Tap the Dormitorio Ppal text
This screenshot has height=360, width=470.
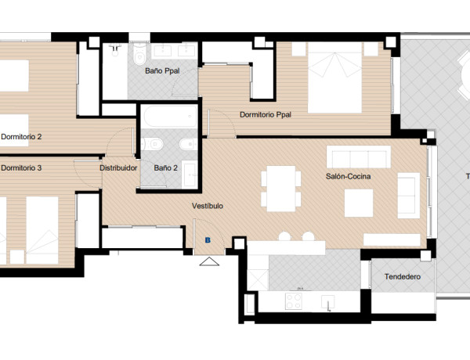pyautogui.click(x=265, y=114)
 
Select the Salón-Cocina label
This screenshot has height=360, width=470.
pyautogui.click(x=348, y=177)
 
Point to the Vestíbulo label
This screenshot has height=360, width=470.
pyautogui.click(x=208, y=206)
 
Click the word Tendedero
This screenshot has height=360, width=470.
pyautogui.click(x=402, y=277)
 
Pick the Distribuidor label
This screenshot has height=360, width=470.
pyautogui.click(x=119, y=167)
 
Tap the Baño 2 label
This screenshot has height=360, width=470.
pyautogui.click(x=166, y=167)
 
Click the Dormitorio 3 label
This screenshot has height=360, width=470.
pyautogui.click(x=21, y=167)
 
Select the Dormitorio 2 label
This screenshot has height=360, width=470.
pyautogui.click(x=21, y=136)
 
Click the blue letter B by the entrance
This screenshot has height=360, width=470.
pyautogui.click(x=208, y=240)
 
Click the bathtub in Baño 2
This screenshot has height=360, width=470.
pyautogui.click(x=168, y=118)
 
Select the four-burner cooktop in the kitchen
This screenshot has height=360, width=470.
pyautogui.click(x=295, y=301)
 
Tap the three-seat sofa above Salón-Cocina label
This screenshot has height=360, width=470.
pyautogui.click(x=357, y=157)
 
